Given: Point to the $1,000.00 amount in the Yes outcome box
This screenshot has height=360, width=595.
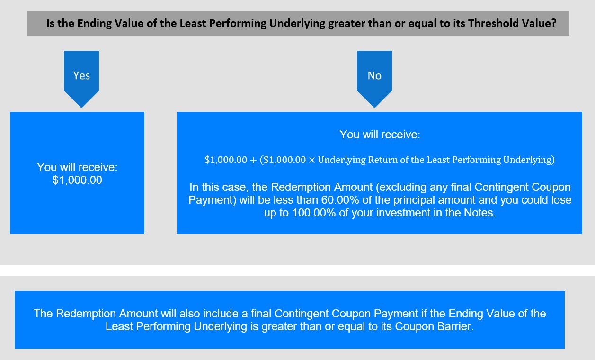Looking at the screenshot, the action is click(x=77, y=180).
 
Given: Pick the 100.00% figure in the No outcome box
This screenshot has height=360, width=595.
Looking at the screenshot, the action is click(x=314, y=213).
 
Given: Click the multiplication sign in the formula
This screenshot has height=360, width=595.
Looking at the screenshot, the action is click(x=312, y=160).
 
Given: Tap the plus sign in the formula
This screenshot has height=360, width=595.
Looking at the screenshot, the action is click(x=253, y=160).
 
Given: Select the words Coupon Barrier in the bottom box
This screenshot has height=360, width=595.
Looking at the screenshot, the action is click(x=433, y=326).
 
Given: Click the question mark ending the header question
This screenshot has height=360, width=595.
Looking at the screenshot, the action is click(x=553, y=23).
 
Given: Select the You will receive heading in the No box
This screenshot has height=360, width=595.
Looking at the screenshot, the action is click(x=380, y=135).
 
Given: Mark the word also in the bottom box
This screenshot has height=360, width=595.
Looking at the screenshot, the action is click(x=190, y=314).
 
